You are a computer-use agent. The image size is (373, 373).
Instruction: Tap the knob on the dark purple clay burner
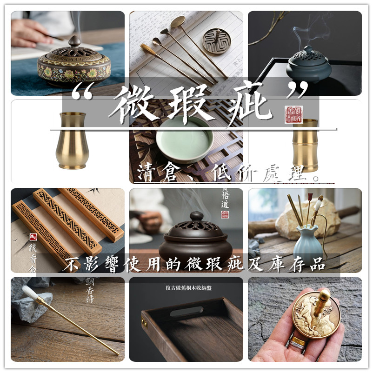197,216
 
